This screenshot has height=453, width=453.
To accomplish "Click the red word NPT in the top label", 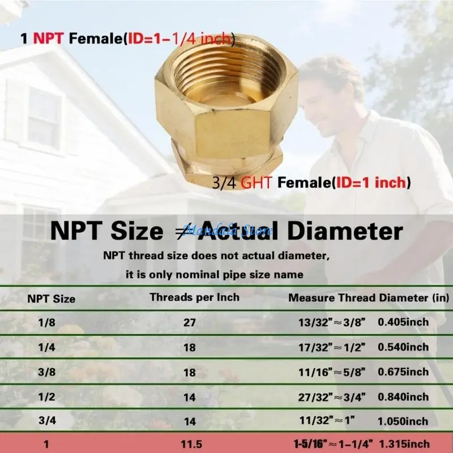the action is pos(48,39).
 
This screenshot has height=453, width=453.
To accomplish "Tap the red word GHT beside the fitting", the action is pos(257,182).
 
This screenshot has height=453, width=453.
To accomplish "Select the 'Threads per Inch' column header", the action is pos(194,297).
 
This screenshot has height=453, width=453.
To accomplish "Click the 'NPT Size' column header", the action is pos(51,299).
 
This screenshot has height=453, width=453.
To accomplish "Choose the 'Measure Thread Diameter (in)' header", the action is pos(369,298).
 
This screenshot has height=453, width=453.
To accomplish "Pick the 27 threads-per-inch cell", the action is pos(190,322).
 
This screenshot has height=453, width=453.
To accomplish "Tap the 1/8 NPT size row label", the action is pos(46,322).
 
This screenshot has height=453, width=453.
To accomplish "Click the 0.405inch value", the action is pos(403,322).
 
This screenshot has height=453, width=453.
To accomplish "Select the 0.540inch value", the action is pos(403,347).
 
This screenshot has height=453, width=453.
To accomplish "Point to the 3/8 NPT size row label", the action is pos(46,372).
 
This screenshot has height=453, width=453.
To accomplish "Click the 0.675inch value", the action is pos(403,372).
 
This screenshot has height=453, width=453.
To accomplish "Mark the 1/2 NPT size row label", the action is pos(46,397).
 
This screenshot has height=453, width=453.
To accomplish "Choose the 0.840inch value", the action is pos(403,397).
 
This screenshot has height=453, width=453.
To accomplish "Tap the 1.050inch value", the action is pos(403,421).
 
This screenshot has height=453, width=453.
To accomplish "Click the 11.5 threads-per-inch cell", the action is pos(191,444).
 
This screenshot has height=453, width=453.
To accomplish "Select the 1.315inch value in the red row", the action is pos(404,444).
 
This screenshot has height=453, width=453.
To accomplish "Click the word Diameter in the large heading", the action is pos(345,231).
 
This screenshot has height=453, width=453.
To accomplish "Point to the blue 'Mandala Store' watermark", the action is pos(228,230).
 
